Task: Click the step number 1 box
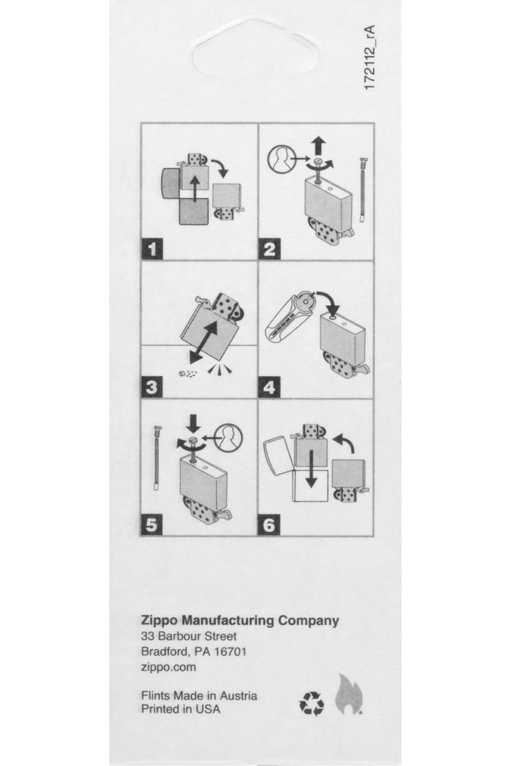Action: (152, 248)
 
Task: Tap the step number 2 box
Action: (270, 248)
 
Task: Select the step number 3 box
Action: (152, 387)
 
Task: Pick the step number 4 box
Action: (270, 387)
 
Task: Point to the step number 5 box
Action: (152, 525)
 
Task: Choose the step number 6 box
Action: (270, 525)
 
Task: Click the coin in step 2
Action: (281, 159)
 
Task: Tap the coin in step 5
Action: (229, 438)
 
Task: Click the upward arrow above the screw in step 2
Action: (319, 146)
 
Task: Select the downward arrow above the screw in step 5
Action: (195, 424)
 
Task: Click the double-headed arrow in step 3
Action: (204, 342)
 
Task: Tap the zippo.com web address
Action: (169, 667)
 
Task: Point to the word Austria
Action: (238, 696)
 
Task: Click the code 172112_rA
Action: (370, 57)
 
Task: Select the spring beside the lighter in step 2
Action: (363, 190)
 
